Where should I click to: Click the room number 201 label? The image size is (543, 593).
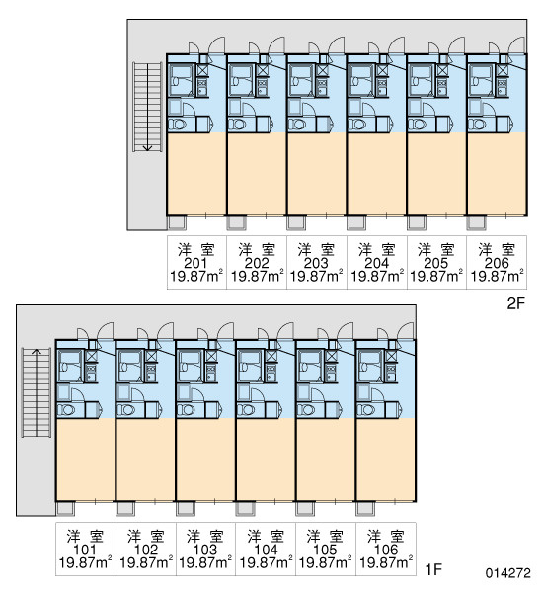195,263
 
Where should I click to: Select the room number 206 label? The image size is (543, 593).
497,263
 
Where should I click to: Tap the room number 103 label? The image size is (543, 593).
205,550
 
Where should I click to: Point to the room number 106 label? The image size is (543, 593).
385,550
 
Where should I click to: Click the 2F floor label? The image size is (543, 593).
515,303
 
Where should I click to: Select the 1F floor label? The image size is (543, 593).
433,569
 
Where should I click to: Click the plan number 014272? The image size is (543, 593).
507,573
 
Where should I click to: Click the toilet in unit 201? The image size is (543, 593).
177,125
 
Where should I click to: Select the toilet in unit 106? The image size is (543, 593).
365,410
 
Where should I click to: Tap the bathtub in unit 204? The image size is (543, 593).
361,81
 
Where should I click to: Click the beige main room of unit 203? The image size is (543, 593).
316,174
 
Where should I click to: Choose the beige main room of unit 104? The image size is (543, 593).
266,460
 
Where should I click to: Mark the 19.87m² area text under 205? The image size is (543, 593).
436,277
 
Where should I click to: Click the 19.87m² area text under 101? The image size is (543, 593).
85,562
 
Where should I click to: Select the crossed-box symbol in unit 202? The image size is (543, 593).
263,70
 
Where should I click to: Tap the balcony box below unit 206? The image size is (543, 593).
476,222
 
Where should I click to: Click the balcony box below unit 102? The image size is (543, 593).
125,509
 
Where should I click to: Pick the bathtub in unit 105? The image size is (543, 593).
310,366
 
